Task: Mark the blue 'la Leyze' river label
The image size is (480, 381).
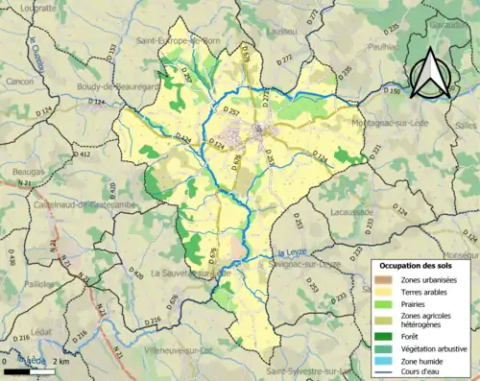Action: point(289,252)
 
